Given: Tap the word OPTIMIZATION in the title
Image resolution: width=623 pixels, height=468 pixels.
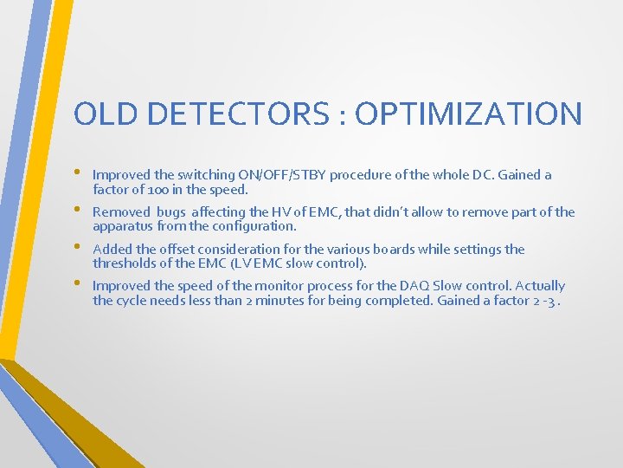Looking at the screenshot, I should pyautogui.click(x=469, y=114).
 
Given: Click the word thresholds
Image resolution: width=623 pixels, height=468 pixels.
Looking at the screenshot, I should pyautogui.click(x=125, y=263).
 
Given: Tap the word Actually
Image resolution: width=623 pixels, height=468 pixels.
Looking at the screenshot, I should pyautogui.click(x=540, y=286).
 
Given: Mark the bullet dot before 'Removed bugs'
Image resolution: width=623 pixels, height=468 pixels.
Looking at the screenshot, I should pyautogui.click(x=79, y=209).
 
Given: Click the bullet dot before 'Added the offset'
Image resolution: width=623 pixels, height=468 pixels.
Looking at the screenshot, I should pyautogui.click(x=79, y=246).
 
